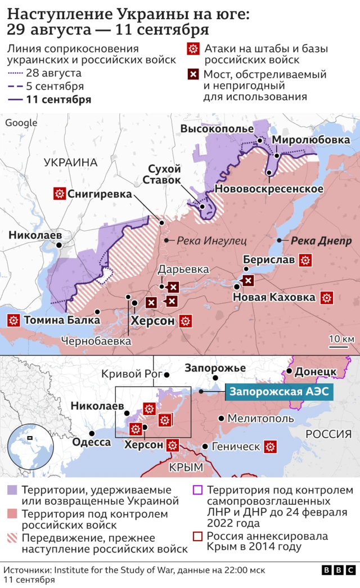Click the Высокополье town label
(x=217, y=129)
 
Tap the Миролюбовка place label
(x=311, y=140)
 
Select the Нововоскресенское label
(x=269, y=188)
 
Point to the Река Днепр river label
(x=321, y=241)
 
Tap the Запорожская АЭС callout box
(x=277, y=392)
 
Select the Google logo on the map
(x=21, y=123)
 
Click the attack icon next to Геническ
(x=271, y=447)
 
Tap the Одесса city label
(x=91, y=442)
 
